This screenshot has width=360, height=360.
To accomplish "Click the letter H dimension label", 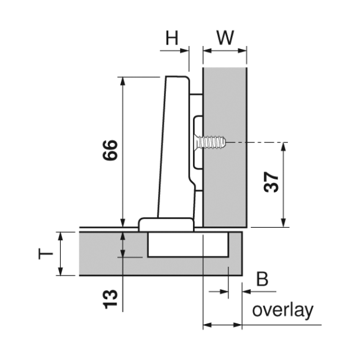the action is [172, 38].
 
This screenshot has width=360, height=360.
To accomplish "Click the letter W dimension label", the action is [225, 37].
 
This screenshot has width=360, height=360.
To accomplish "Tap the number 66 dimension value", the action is [110, 150].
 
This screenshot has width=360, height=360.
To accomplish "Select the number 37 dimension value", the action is [271, 182].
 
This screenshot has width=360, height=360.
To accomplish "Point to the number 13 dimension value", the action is [110, 299].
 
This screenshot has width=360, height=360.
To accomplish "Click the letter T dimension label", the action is [45, 253].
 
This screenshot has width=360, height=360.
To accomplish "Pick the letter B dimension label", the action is [262, 279].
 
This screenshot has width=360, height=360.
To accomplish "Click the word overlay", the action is [282, 310].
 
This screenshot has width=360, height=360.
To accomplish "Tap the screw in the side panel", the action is [210, 142].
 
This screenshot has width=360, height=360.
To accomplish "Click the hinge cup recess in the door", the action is [188, 245].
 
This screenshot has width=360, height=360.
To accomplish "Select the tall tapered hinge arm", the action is [175, 147].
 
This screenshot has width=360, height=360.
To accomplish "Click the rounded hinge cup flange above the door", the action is [166, 224].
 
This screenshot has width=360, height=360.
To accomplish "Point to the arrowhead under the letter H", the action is [184, 50].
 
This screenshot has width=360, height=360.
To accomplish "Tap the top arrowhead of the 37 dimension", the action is [284, 147].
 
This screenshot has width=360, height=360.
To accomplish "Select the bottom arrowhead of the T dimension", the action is [60, 271].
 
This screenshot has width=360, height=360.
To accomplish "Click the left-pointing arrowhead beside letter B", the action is [246, 292].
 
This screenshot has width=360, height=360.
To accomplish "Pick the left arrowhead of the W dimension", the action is [207, 50].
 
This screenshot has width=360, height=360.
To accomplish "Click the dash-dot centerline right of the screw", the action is [258, 142].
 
